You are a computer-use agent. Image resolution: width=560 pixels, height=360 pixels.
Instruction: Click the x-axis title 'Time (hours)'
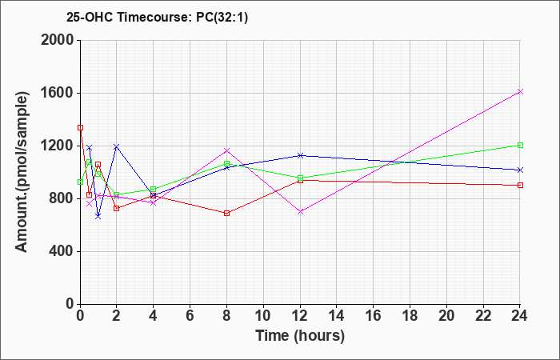[x=300, y=335]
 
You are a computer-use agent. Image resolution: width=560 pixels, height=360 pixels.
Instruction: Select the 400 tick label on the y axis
[x=61, y=251]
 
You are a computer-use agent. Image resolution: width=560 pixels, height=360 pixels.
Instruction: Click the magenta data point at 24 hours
[x=520, y=91]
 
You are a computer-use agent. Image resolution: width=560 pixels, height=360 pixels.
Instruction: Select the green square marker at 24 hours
[x=520, y=145]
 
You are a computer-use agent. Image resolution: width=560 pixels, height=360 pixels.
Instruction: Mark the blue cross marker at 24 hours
[x=520, y=170]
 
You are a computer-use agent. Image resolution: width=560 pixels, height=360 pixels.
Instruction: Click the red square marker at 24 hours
[x=520, y=185]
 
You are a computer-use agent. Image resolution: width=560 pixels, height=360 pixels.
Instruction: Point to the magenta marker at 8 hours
[x=227, y=150]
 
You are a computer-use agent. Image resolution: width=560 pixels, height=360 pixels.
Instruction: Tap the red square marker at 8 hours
[x=227, y=213]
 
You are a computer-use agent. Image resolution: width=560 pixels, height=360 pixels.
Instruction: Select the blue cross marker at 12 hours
[x=300, y=155]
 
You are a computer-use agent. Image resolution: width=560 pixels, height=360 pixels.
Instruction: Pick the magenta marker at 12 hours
[x=300, y=211]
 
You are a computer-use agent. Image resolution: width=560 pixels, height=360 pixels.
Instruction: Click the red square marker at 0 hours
[x=80, y=127]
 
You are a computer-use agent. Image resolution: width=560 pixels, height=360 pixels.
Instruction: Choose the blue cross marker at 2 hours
[x=117, y=146]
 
